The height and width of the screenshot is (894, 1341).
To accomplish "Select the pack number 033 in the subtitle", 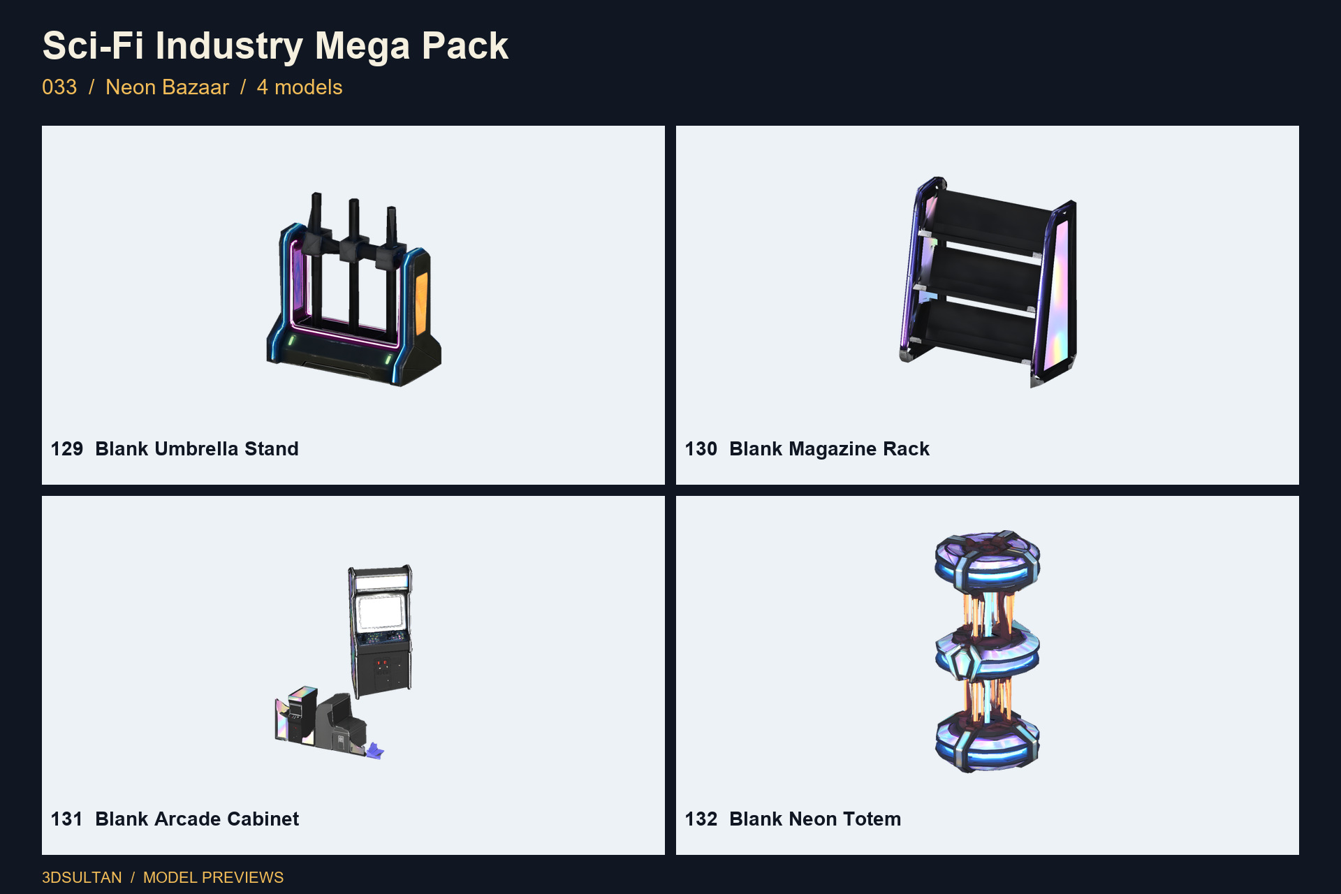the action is coord(59,87).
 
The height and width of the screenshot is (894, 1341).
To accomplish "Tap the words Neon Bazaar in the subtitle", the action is coord(167,87).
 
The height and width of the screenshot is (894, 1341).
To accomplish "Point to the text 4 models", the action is coord(300,87).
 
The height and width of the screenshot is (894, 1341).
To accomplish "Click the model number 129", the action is coord(67,448).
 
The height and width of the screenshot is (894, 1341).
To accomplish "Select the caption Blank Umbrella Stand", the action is coord(197,448).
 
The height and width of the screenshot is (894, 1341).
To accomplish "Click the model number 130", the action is coord(701,448).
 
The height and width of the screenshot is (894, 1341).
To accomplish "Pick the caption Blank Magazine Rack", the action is coord(829,448).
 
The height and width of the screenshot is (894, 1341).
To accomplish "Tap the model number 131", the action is coord(66,819).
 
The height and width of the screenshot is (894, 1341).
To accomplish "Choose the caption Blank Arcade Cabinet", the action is coord(197,819).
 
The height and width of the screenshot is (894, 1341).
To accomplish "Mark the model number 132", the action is coord(701,819).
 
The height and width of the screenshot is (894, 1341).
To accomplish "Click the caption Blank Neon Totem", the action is coord(815,819).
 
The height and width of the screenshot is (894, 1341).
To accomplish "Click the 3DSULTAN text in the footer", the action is coord(82,877).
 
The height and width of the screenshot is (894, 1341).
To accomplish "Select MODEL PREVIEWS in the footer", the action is coord(213,877).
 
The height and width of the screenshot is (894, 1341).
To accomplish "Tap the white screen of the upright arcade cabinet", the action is coord(380,613).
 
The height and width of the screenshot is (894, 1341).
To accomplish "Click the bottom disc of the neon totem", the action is coord(988,742).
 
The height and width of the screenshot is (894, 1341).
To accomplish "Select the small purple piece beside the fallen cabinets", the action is coord(375,752).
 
